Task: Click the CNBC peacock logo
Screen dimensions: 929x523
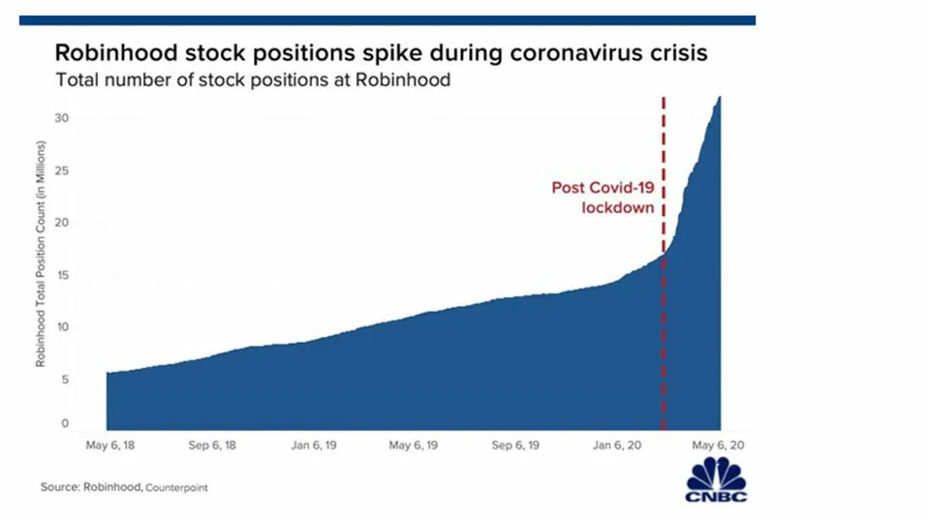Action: pyautogui.click(x=716, y=479)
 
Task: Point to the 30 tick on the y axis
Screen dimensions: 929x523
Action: pyautogui.click(x=62, y=118)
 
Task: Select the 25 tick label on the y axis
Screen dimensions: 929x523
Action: pyautogui.click(x=62, y=170)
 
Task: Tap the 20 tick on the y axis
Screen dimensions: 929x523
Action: pyautogui.click(x=62, y=223)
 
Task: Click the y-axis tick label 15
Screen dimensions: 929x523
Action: pyautogui.click(x=62, y=275)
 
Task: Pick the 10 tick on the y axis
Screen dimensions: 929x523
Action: pyautogui.click(x=62, y=327)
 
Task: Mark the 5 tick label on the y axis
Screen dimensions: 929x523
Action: pyautogui.click(x=65, y=379)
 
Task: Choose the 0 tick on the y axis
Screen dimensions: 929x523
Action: pyautogui.click(x=65, y=423)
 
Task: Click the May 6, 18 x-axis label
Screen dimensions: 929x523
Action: pyautogui.click(x=110, y=446)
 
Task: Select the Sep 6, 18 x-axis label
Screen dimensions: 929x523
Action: pyautogui.click(x=212, y=446)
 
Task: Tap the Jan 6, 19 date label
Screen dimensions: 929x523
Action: pyautogui.click(x=314, y=446)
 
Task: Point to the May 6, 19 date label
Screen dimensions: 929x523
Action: pyautogui.click(x=414, y=446)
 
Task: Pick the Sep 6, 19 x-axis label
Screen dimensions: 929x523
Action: pyautogui.click(x=515, y=446)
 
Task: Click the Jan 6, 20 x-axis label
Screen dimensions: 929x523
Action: pyautogui.click(x=617, y=446)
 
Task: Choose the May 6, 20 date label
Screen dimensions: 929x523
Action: pyautogui.click(x=718, y=446)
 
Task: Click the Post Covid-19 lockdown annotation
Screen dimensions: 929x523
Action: pyautogui.click(x=604, y=198)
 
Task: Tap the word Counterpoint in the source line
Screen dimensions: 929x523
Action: pyautogui.click(x=176, y=488)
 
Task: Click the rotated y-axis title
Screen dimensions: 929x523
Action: pyautogui.click(x=41, y=254)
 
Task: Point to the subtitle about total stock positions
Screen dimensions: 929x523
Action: pyautogui.click(x=253, y=80)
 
